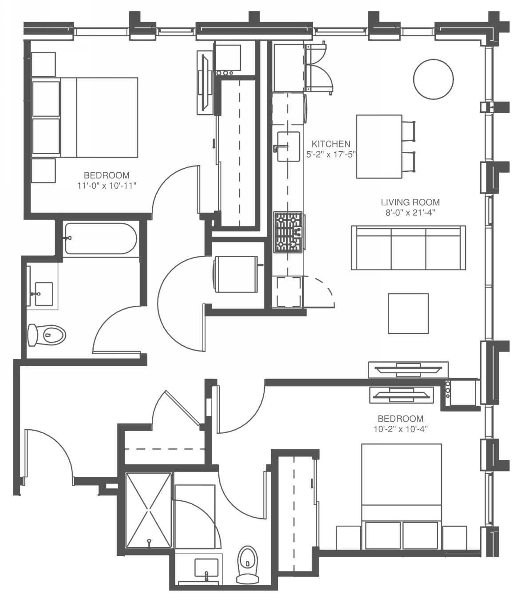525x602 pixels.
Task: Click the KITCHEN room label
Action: (331, 144)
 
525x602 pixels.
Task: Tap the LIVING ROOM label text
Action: (411, 202)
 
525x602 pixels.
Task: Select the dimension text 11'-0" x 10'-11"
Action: (107, 186)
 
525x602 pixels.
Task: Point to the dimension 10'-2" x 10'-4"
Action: (400, 429)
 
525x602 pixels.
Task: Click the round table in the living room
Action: (433, 79)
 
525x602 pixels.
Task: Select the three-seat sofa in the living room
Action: (409, 248)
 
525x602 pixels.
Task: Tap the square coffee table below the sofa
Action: (408, 313)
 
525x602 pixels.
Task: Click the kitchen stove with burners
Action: (288, 232)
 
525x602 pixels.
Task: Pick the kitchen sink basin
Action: (288, 147)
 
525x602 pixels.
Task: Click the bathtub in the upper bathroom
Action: (101, 238)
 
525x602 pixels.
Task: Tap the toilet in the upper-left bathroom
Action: (47, 335)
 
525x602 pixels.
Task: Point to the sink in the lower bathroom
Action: (206, 567)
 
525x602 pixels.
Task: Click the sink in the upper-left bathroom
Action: (44, 294)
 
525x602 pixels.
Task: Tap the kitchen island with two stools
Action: (379, 147)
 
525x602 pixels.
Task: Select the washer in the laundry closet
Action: (236, 274)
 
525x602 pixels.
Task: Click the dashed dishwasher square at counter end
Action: (289, 292)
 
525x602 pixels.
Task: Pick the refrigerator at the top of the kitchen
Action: (289, 67)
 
